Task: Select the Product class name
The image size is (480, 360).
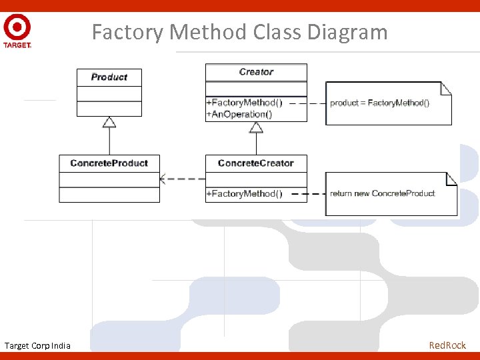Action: (x=109, y=77)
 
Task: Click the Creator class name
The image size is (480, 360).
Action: (x=256, y=72)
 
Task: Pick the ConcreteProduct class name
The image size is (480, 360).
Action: (x=109, y=163)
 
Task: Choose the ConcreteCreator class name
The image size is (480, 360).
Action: (x=256, y=163)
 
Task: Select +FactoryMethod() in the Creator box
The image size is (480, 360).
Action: (x=244, y=103)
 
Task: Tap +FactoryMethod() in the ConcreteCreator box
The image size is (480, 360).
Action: (x=244, y=194)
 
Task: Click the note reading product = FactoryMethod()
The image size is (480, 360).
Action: (x=380, y=103)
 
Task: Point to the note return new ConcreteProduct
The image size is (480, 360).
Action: (x=383, y=194)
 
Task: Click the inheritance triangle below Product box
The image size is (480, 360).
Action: (x=109, y=121)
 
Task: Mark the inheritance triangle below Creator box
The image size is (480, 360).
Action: (x=256, y=127)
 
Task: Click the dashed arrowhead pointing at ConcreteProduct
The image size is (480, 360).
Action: (x=163, y=179)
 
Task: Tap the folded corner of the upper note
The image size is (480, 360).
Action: (x=446, y=87)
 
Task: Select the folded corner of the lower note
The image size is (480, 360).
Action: (x=451, y=178)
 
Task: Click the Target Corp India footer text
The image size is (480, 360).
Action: (x=37, y=345)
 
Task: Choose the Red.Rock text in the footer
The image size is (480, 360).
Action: (x=447, y=345)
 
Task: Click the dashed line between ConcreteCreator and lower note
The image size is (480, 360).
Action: (x=316, y=194)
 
